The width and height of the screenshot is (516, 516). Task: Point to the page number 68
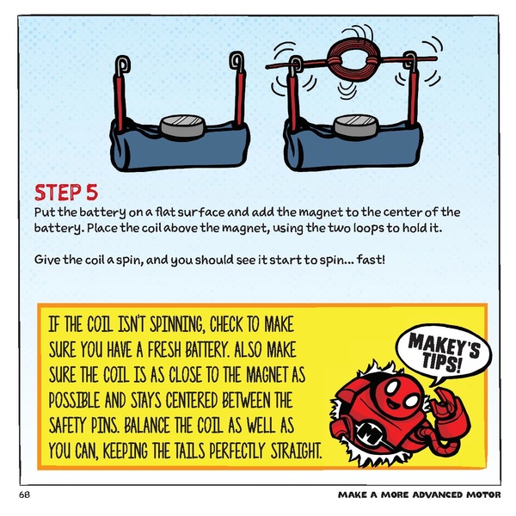click(x=25, y=496)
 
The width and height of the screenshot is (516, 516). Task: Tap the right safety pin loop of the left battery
click(x=235, y=62)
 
